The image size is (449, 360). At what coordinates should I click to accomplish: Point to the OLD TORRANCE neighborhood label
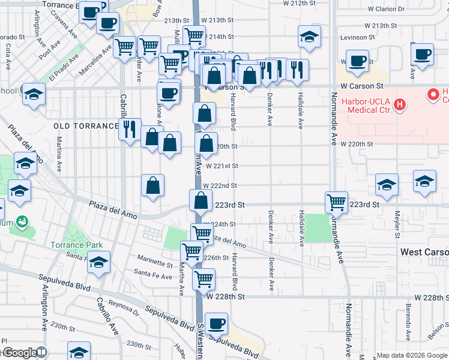(x=86, y=126)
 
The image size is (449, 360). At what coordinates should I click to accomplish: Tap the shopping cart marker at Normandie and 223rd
(x=336, y=202)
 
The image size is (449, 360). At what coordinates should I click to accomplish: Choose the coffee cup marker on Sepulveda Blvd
(x=217, y=323)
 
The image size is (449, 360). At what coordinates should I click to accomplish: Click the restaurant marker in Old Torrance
(x=130, y=129)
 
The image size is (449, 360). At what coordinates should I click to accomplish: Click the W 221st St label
(x=222, y=166)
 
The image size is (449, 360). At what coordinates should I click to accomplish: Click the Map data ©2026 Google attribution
(x=412, y=355)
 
